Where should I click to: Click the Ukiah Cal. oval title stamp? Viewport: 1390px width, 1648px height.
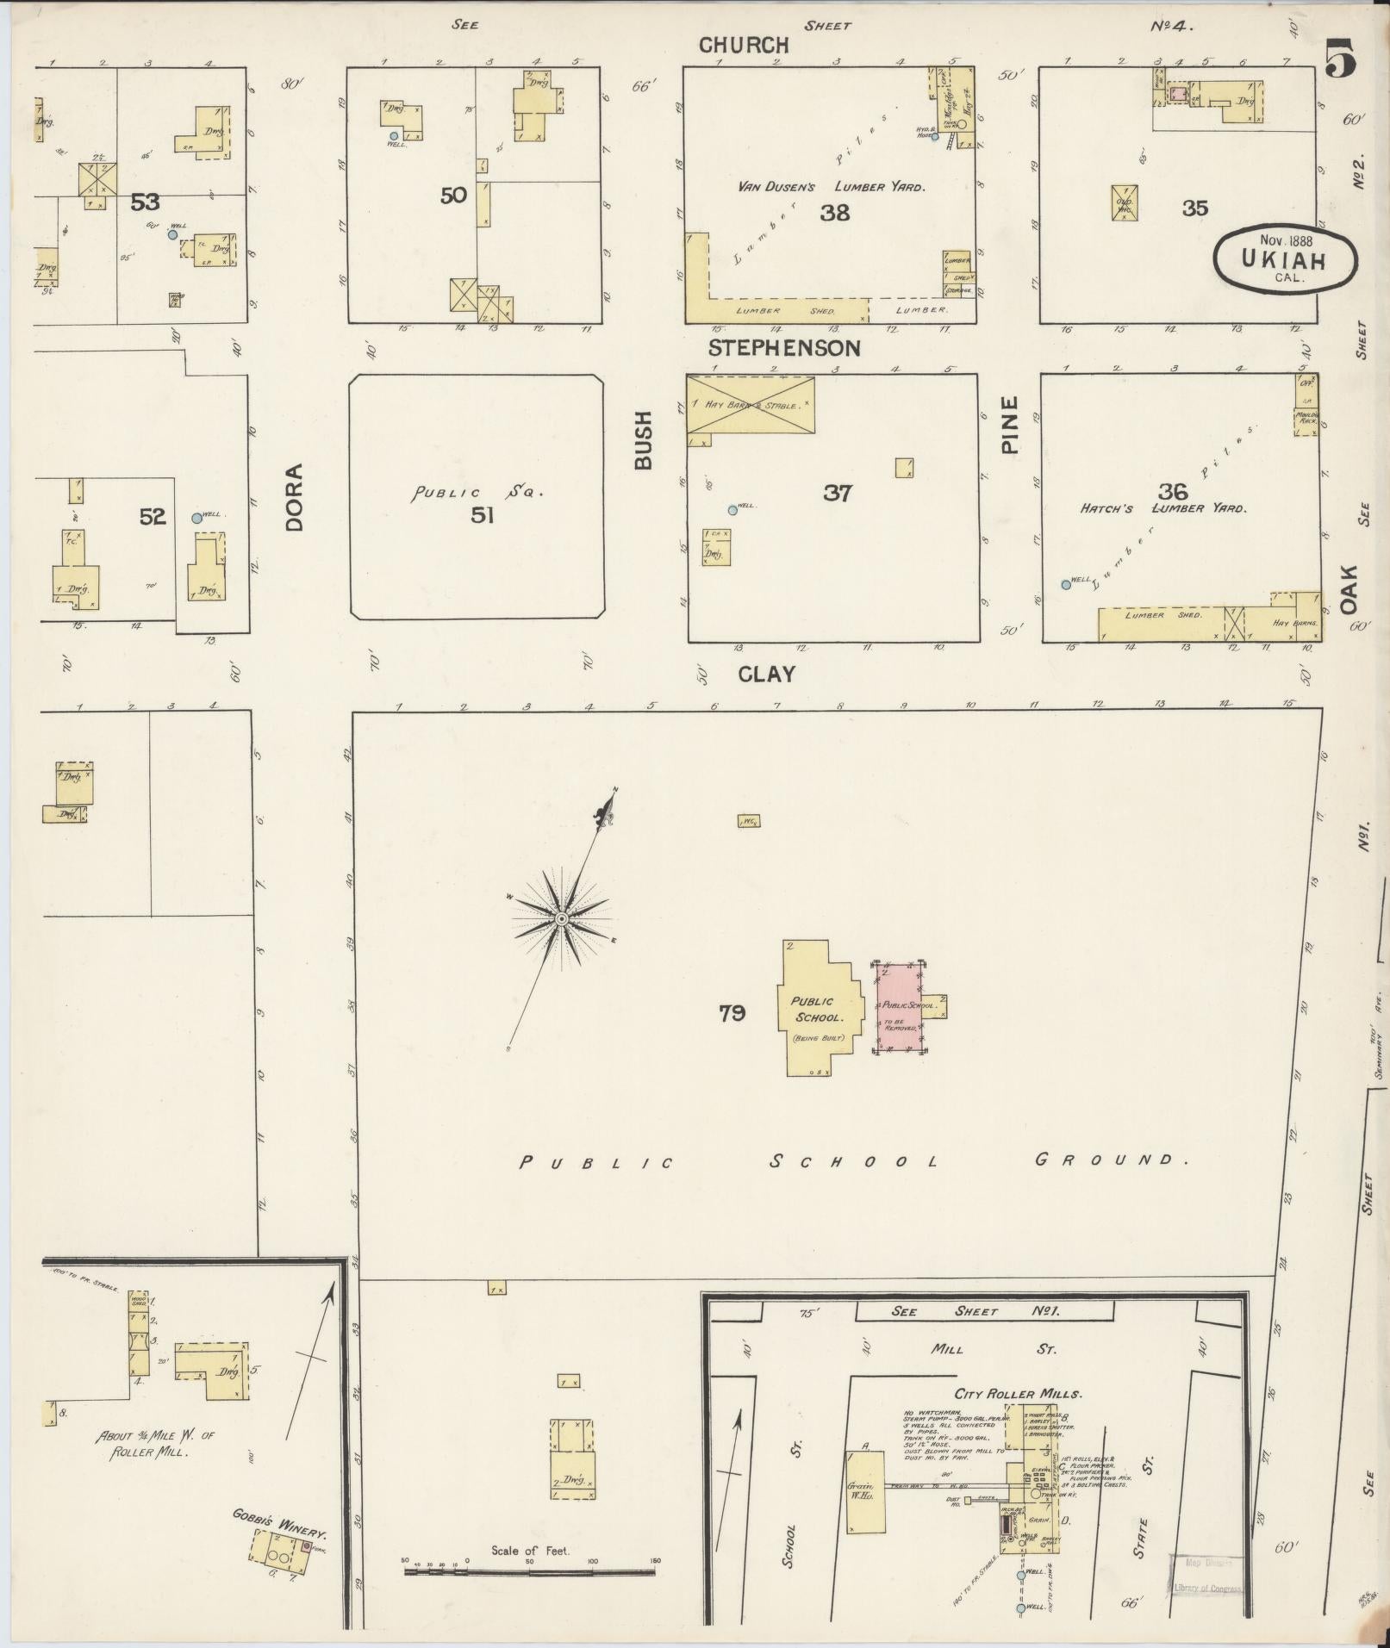point(1285,258)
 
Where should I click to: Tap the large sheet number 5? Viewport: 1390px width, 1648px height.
point(1340,59)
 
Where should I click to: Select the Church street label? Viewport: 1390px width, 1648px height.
point(744,45)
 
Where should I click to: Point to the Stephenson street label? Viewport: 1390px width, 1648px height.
point(784,348)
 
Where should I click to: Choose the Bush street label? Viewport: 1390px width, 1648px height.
point(643,440)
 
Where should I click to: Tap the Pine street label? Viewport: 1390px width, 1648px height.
point(1010,425)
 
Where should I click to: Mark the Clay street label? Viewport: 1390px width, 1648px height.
point(766,674)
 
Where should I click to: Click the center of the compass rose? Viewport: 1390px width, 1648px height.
point(561,919)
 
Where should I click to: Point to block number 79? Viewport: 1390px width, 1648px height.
point(732,1014)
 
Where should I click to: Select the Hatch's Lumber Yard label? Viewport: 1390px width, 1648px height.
point(1162,508)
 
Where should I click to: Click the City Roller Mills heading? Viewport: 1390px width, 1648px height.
point(1018,1393)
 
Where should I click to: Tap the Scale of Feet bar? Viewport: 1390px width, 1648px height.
point(530,1571)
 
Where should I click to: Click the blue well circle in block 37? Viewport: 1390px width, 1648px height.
point(732,510)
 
